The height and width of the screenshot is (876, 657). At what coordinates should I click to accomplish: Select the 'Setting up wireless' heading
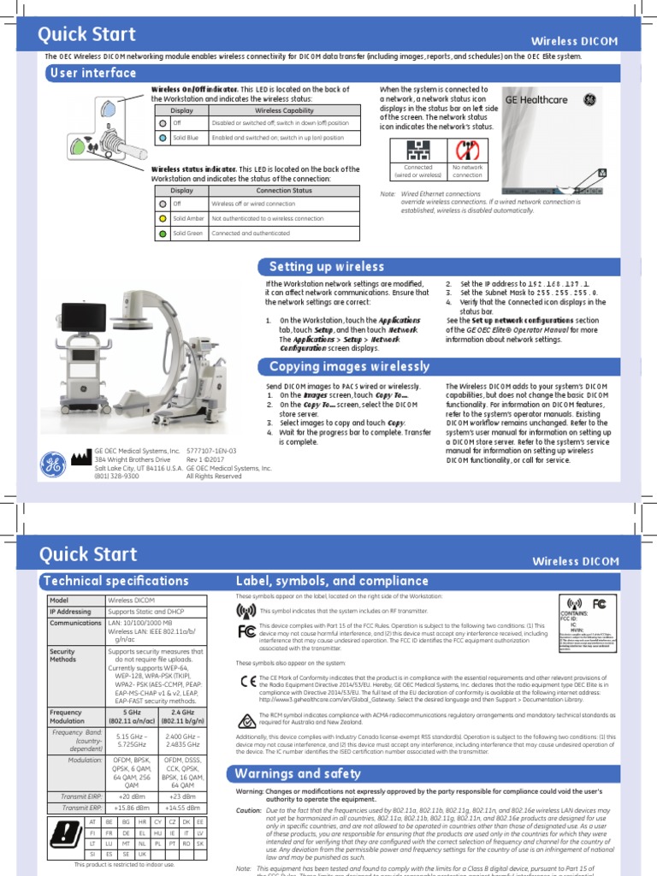(x=327, y=267)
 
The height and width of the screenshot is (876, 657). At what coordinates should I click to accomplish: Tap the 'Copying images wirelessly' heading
(x=349, y=367)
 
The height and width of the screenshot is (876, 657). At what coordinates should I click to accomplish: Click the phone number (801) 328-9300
(x=116, y=476)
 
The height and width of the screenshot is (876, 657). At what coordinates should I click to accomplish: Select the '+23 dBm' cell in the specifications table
(x=183, y=796)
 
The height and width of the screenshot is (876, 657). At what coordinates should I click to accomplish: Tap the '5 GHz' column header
(x=132, y=712)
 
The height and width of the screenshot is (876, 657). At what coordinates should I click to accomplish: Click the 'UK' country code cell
(x=141, y=854)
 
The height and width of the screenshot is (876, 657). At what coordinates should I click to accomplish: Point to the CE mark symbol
(x=246, y=680)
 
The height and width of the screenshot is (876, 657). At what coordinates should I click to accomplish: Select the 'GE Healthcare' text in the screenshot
(x=536, y=100)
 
